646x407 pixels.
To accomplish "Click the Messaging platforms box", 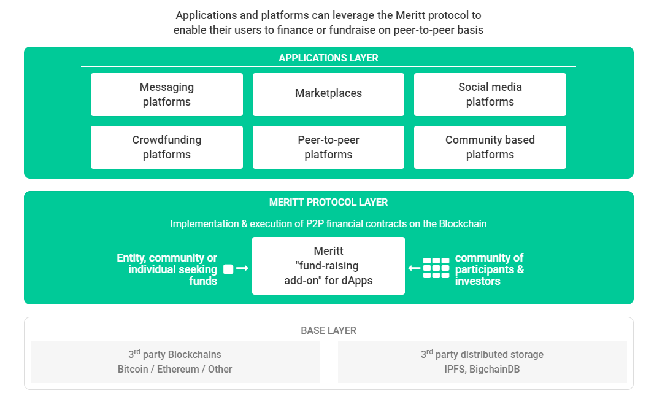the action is pyautogui.click(x=166, y=95).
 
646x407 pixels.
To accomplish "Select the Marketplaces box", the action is pyautogui.click(x=328, y=95).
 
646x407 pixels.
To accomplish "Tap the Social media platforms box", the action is pyautogui.click(x=490, y=95).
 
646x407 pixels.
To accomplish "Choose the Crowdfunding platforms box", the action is pyautogui.click(x=166, y=147).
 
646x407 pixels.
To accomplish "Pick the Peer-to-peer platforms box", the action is pyautogui.click(x=328, y=147).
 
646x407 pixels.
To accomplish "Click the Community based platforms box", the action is pyautogui.click(x=490, y=147).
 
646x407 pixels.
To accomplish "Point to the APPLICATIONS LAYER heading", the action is pyautogui.click(x=328, y=58).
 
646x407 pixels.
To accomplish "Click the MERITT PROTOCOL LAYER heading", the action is pyautogui.click(x=328, y=202).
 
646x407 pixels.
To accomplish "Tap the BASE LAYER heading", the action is pyautogui.click(x=328, y=330).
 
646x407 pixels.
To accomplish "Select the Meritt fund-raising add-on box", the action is pyautogui.click(x=328, y=266).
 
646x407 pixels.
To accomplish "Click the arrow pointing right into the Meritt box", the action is pyautogui.click(x=242, y=268).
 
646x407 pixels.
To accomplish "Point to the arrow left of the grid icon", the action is pyautogui.click(x=414, y=268).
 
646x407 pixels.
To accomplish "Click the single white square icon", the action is pyautogui.click(x=228, y=269).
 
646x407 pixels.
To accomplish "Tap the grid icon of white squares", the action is pyautogui.click(x=436, y=268).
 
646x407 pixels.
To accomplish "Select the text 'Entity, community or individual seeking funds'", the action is pyautogui.click(x=167, y=269).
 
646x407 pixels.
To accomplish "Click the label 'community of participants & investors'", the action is pyautogui.click(x=490, y=269).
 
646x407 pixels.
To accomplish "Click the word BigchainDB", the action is pyautogui.click(x=494, y=369).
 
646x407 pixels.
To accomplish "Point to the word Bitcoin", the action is pyautogui.click(x=133, y=369).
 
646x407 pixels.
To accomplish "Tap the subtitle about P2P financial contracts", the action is pyautogui.click(x=328, y=223).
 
